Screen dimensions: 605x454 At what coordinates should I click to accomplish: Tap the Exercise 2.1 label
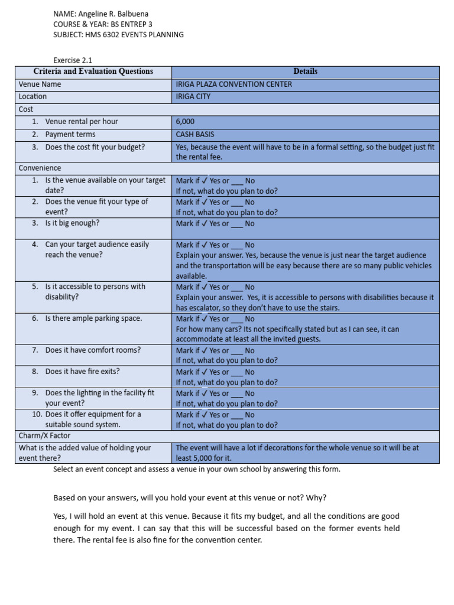tap(73, 60)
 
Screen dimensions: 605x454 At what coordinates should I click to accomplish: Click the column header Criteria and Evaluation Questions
tap(93, 71)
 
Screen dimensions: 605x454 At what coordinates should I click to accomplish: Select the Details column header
tap(305, 71)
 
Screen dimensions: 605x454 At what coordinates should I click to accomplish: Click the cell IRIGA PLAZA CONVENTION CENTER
tap(234, 84)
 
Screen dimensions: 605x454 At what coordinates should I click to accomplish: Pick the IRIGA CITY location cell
tap(193, 96)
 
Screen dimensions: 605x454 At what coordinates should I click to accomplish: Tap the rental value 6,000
tap(185, 122)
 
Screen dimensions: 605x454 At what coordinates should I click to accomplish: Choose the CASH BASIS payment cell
tap(195, 134)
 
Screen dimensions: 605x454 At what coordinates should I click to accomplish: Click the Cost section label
tap(26, 109)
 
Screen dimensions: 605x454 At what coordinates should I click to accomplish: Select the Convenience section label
tap(40, 168)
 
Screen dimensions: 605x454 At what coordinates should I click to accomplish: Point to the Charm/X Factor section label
tap(45, 435)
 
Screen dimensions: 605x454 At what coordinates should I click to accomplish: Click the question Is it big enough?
tap(72, 223)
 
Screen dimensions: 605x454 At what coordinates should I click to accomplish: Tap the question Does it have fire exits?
tap(82, 372)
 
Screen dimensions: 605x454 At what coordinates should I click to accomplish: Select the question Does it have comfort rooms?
tap(93, 350)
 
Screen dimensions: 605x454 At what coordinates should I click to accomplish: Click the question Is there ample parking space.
tap(93, 318)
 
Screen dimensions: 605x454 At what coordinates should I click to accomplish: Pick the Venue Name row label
tap(40, 84)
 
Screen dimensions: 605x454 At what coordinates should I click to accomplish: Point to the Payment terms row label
tap(70, 134)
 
